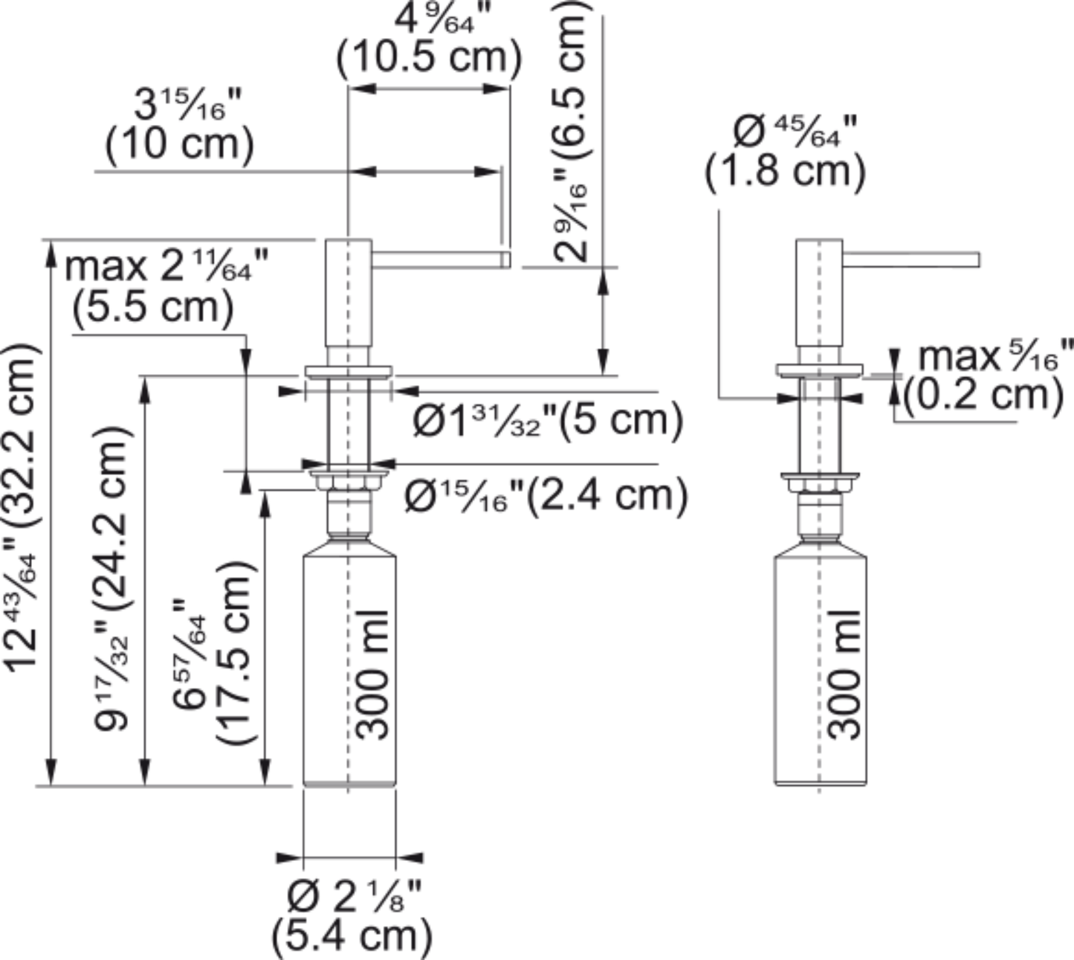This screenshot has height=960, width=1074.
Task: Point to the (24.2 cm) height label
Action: click(x=111, y=519)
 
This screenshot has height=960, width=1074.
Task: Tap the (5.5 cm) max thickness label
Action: click(x=153, y=307)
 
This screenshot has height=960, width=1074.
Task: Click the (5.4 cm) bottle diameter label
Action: click(x=352, y=936)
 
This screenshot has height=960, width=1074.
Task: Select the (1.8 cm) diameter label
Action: click(x=785, y=172)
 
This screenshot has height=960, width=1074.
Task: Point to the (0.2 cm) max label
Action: click(x=983, y=395)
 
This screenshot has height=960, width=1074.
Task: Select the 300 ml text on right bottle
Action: click(x=844, y=674)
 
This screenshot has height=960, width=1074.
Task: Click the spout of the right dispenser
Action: click(x=910, y=260)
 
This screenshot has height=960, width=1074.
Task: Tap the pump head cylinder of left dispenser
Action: click(x=349, y=293)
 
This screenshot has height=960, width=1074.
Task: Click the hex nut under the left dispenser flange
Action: click(x=349, y=483)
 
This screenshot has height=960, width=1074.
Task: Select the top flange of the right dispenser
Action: click(x=820, y=370)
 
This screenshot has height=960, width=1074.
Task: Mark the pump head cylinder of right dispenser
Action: click(x=820, y=293)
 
